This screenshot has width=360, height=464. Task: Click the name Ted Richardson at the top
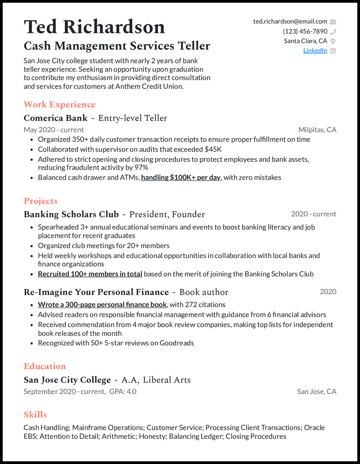94,27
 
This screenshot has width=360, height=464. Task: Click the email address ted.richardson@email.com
290,22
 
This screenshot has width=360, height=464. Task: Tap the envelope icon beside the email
333,22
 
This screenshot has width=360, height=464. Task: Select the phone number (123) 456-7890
305,31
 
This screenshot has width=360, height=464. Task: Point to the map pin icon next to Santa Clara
333,41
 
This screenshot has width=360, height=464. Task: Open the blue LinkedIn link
315,51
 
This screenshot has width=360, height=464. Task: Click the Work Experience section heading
59,105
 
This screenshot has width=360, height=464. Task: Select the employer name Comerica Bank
55,118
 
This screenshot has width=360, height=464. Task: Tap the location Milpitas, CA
317,130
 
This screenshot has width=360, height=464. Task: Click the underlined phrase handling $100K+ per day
180,178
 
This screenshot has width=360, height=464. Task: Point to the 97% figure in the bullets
141,168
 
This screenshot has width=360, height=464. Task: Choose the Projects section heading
40,201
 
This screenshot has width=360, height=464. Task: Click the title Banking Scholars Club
71,214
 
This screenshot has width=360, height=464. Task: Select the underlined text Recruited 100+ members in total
90,274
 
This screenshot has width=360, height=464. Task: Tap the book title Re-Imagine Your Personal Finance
96,292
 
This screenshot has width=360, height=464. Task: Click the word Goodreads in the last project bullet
178,343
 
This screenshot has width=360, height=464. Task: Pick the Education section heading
45,366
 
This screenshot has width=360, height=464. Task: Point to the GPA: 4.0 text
123,392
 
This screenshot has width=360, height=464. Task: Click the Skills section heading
35,415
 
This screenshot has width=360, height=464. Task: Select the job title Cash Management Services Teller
117,46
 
